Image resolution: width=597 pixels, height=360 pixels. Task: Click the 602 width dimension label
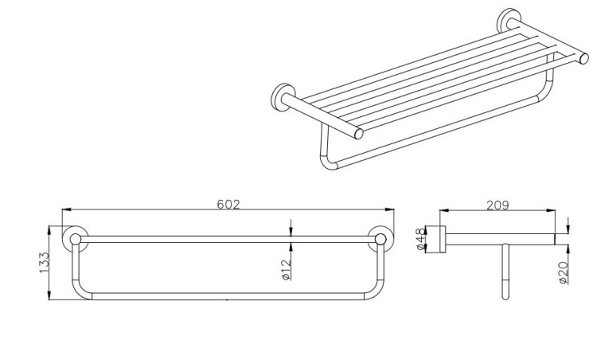point(228,204)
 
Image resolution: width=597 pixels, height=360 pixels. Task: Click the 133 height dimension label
point(45,263)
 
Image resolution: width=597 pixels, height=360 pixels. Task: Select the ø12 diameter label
point(286,268)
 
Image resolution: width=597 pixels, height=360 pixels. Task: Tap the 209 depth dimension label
point(497,205)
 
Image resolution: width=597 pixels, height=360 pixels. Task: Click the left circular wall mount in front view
point(76,238)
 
